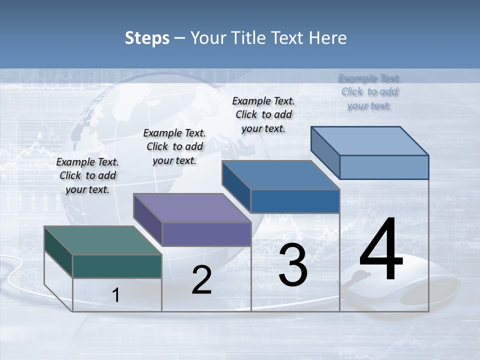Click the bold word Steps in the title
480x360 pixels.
(x=147, y=38)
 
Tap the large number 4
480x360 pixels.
(x=381, y=249)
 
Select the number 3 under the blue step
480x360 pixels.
(x=293, y=265)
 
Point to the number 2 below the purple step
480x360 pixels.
(x=201, y=280)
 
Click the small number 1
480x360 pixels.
(x=115, y=295)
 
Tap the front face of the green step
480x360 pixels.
(x=117, y=266)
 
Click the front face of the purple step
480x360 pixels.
(x=206, y=234)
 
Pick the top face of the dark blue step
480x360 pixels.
(x=280, y=175)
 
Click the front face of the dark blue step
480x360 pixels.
(x=295, y=201)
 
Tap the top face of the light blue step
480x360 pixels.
(x=369, y=141)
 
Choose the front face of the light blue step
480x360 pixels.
(x=384, y=167)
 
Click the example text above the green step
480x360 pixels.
(x=87, y=175)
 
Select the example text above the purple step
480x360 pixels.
(x=174, y=146)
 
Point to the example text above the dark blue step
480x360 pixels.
(x=263, y=114)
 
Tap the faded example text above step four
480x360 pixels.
(x=369, y=91)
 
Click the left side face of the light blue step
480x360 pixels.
(x=325, y=150)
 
